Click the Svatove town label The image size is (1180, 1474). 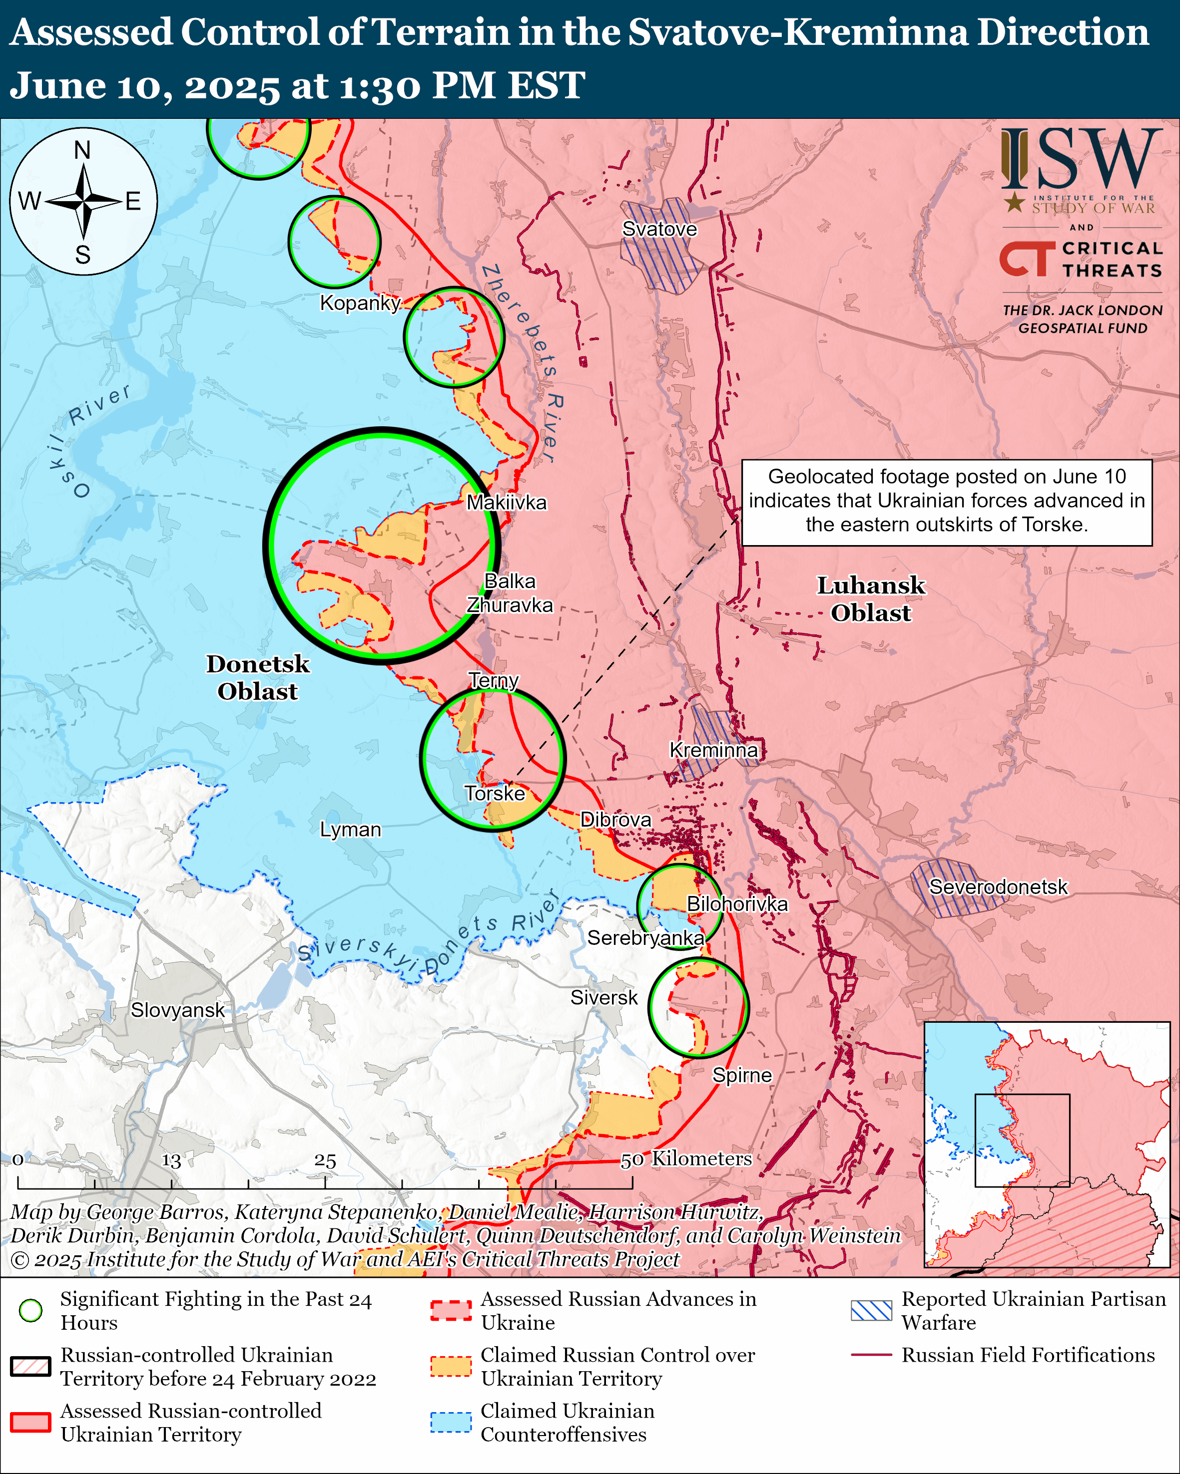click(659, 229)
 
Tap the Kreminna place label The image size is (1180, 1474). click(713, 750)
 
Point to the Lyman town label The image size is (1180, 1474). click(350, 829)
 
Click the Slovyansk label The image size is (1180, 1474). click(177, 1010)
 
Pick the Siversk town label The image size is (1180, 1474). click(603, 997)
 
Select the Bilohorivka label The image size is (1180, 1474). click(737, 904)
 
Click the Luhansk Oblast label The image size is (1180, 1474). click(870, 599)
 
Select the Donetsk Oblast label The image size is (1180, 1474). click(258, 677)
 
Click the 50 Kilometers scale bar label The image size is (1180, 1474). click(685, 1158)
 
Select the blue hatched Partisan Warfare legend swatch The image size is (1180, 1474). click(871, 1311)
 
